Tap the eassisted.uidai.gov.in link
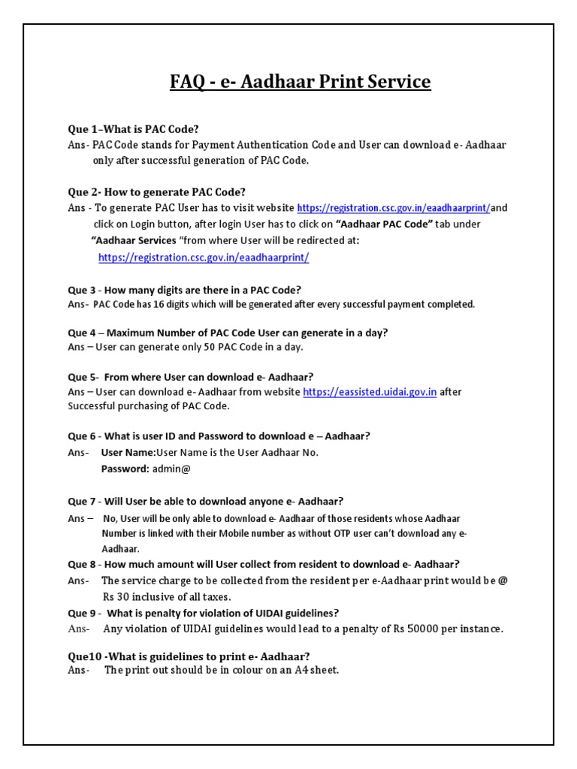[370, 392]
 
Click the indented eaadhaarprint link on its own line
[204, 257]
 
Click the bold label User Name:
[128, 453]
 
